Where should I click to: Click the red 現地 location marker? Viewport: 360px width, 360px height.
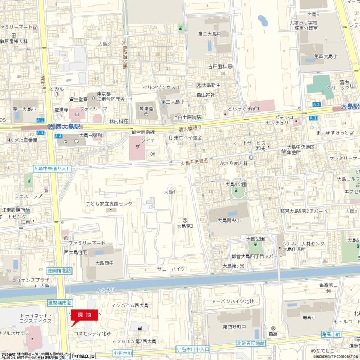83,315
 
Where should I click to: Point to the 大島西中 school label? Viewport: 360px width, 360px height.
104,262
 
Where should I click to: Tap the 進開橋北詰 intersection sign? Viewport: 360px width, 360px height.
60,271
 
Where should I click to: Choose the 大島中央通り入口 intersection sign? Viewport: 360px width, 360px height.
52,168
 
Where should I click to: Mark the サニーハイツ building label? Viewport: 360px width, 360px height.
172,269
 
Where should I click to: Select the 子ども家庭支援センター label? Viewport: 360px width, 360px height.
111,203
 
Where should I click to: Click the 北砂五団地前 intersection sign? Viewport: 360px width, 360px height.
250,342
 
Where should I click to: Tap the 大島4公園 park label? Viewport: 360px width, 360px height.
237,183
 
